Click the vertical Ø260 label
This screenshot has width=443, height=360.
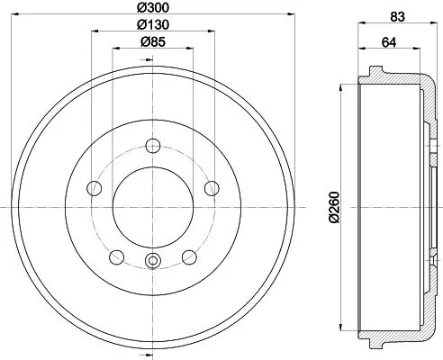coord(334,207)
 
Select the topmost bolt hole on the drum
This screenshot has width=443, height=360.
coord(152,146)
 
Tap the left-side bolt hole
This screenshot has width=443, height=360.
coord(93,187)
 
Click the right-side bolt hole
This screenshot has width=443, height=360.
coord(212,187)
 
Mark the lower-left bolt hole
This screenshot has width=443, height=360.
coord(115,257)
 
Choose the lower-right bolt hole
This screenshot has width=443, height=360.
coord(188,257)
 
